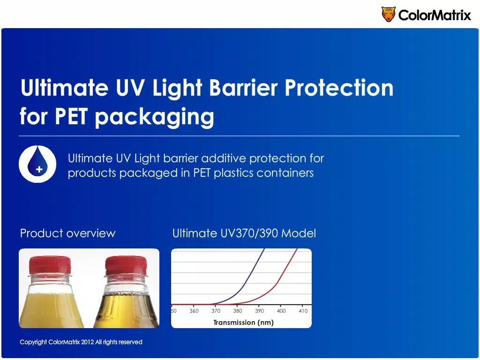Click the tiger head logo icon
coord(388,14)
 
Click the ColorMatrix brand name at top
coord(435,15)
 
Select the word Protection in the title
coord(339,88)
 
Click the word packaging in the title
coord(154,118)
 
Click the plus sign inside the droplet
coord(39,169)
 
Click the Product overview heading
coord(67,233)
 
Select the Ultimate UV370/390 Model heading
coord(244,233)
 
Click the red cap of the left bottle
coord(50,265)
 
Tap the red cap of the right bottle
coord(126,266)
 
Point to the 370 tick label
coord(216,311)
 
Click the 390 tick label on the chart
coord(259,311)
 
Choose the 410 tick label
coord(303,311)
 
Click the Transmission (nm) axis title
coord(243,322)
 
